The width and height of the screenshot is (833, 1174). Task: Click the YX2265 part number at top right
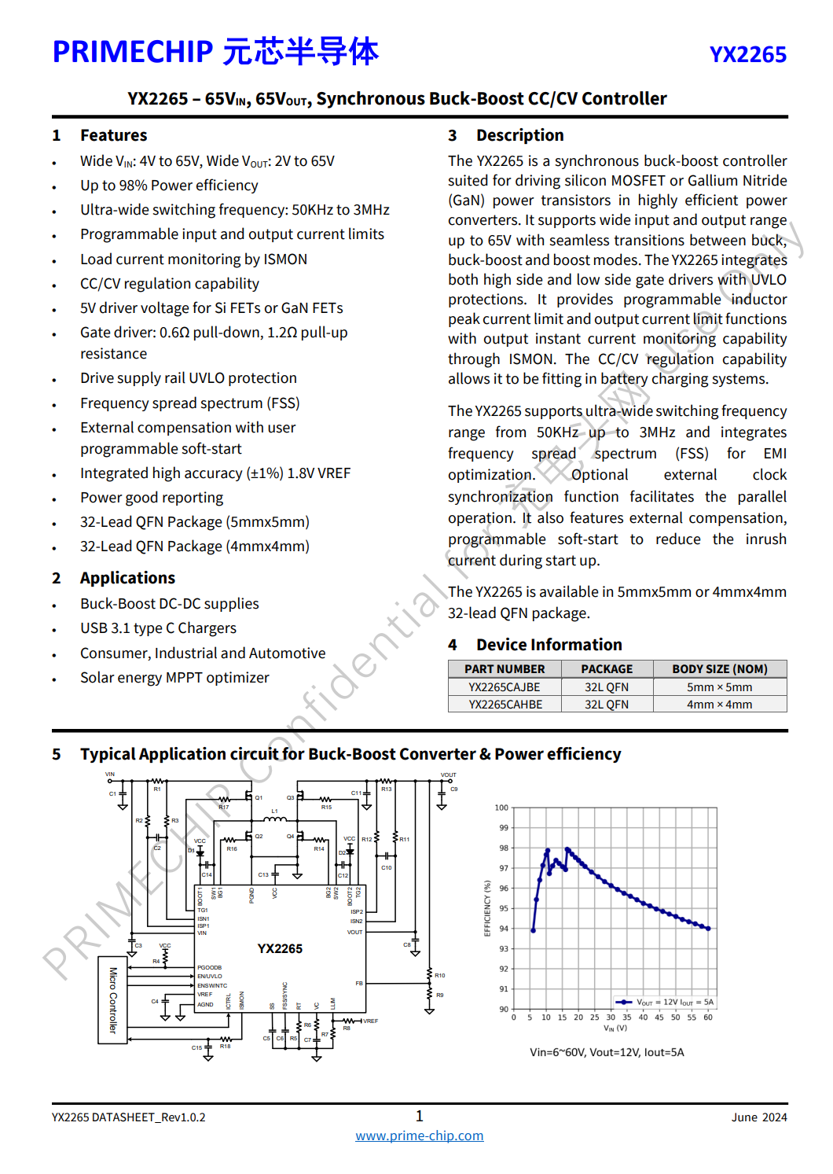747,55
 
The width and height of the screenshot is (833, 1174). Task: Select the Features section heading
113,135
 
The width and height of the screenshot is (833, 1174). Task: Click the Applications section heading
127,578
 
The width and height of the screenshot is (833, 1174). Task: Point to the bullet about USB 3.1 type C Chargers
158,628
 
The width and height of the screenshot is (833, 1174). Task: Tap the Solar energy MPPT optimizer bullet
174,678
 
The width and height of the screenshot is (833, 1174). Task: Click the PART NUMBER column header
505,669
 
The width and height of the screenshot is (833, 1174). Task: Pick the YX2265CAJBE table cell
505,687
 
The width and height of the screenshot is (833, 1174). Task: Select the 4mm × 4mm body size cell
719,705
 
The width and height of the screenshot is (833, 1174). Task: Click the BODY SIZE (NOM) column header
719,669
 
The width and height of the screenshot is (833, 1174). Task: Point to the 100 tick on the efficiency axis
501,808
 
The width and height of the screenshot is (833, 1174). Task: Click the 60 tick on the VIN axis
708,1018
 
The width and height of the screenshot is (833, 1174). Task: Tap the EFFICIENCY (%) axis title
487,908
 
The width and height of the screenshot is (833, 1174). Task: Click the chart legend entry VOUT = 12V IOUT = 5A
666,1003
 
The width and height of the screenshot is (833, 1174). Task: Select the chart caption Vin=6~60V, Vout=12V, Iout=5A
607,1052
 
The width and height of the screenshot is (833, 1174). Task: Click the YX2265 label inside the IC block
280,949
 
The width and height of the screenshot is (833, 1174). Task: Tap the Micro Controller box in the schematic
112,999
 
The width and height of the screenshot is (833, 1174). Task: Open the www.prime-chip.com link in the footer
419,1136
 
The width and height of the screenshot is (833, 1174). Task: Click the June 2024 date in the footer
758,1117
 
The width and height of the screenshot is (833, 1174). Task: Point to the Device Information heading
549,645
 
